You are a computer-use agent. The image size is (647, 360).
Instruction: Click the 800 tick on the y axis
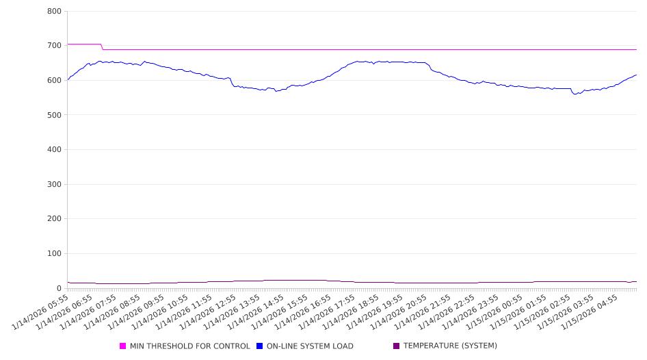pyautogui.click(x=55, y=12)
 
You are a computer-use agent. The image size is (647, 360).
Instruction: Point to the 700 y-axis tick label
pyautogui.click(x=55, y=46)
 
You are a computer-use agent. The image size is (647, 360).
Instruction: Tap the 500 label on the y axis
pyautogui.click(x=55, y=115)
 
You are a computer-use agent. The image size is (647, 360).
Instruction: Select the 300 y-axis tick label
pyautogui.click(x=55, y=185)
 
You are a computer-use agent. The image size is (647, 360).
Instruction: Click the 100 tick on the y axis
pyautogui.click(x=55, y=254)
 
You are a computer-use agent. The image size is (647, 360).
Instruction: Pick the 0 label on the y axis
pyautogui.click(x=60, y=288)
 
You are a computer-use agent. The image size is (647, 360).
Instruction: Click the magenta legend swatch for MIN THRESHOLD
pyautogui.click(x=123, y=346)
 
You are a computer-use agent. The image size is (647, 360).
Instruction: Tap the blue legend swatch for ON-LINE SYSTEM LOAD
pyautogui.click(x=260, y=346)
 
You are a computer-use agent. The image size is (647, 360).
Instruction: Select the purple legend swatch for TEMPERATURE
pyautogui.click(x=397, y=346)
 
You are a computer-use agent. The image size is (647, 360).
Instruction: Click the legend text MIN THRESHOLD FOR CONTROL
pyautogui.click(x=189, y=346)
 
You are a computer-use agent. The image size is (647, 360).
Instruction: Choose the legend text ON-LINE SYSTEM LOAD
pyautogui.click(x=310, y=346)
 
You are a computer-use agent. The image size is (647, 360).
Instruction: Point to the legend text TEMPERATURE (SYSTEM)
pyautogui.click(x=450, y=346)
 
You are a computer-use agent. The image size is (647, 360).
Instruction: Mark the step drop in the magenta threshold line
pyautogui.click(x=103, y=47)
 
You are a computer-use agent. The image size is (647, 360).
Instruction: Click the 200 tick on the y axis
pyautogui.click(x=55, y=219)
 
